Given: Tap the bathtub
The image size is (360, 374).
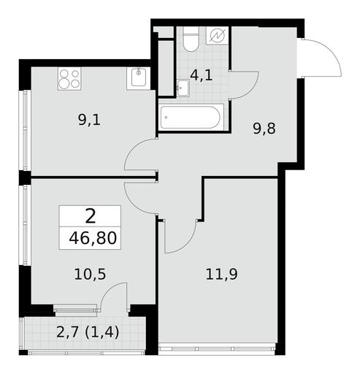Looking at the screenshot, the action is [191, 118].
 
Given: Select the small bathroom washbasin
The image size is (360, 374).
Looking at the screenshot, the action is [183, 88].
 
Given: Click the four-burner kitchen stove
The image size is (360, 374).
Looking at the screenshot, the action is [69, 79].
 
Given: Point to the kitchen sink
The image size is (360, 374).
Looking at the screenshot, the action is [139, 78].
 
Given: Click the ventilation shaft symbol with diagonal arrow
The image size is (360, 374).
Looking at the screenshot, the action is [217, 36].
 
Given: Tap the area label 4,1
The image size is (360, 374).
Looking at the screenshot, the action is [202, 76].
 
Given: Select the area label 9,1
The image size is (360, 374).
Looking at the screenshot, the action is [89, 121].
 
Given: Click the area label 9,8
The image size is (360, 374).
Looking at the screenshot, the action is [264, 129].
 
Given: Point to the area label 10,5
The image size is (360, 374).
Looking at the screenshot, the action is [90, 275].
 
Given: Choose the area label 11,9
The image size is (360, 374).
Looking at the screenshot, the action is [221, 275].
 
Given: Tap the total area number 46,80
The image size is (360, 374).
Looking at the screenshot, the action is [93, 238].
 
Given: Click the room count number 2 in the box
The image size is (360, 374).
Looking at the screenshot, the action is [91, 216].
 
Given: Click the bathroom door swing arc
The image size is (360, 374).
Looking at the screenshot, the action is [250, 91].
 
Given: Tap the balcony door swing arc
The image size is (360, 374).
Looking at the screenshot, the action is [108, 290].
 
